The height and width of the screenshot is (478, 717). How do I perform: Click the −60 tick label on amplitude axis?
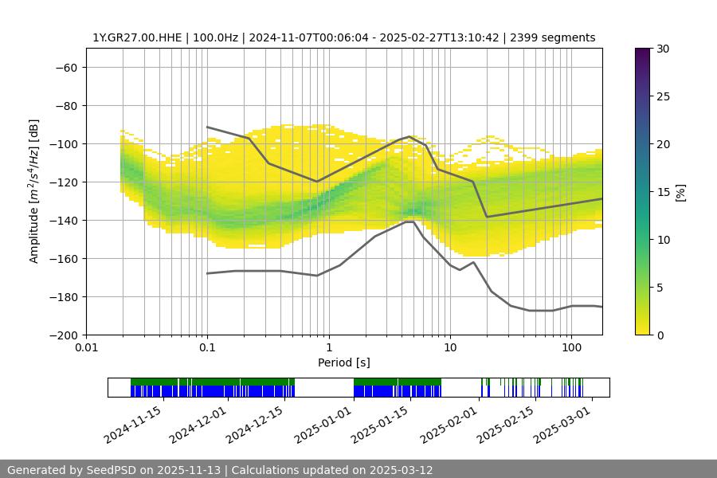coord(65,67)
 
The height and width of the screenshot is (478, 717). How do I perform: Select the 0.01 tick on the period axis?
coord(86,348)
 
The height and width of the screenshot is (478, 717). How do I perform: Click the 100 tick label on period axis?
coord(571,348)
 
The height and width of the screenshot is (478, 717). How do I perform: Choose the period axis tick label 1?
coord(328,348)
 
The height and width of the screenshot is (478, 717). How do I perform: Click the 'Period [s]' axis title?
coord(343,362)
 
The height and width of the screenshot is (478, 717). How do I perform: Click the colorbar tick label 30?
coord(663,49)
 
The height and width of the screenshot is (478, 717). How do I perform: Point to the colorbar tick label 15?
coord(663,192)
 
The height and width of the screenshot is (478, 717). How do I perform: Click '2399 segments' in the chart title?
coord(554,37)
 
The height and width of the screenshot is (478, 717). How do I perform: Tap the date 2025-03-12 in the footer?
coord(400,470)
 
